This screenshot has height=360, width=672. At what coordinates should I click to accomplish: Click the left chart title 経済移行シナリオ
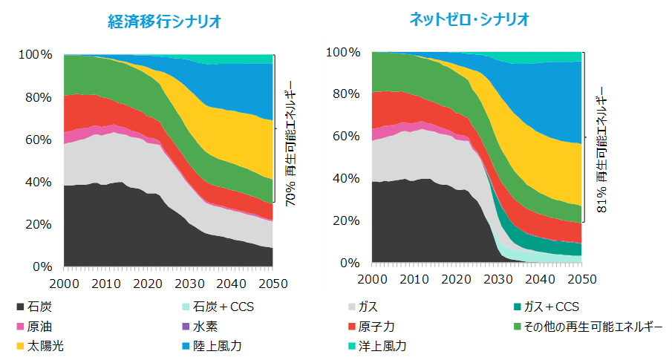click(x=164, y=22)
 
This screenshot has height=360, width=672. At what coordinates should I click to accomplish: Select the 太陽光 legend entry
click(x=46, y=347)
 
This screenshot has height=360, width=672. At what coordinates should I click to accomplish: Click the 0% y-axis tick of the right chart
click(x=350, y=264)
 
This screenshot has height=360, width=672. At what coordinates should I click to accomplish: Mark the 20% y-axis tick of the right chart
click(x=347, y=221)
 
